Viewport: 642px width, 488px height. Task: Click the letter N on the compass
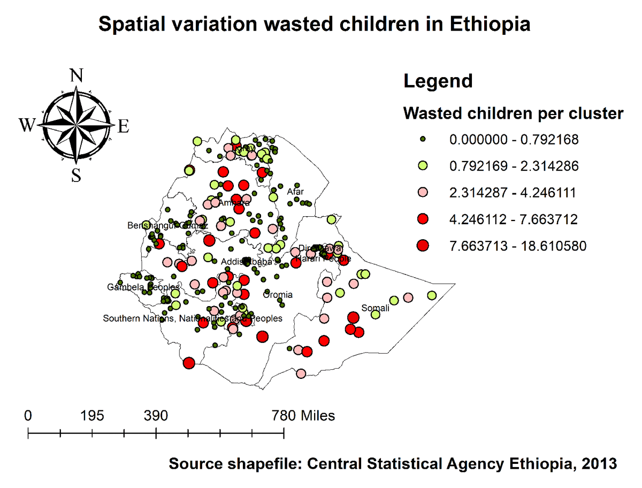pyautogui.click(x=77, y=75)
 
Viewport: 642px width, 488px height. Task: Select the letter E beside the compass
pyautogui.click(x=124, y=126)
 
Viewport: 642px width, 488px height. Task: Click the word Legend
pyautogui.click(x=438, y=81)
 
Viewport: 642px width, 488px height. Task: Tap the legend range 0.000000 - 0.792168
pyautogui.click(x=514, y=140)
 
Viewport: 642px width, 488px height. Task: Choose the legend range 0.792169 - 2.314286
pyautogui.click(x=514, y=166)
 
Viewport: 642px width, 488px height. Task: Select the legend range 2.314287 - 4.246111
pyautogui.click(x=514, y=193)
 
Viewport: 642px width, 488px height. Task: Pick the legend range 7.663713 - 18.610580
pyautogui.click(x=517, y=246)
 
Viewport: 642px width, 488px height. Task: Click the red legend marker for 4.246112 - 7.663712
pyautogui.click(x=423, y=219)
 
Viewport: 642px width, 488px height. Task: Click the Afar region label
pyautogui.click(x=295, y=192)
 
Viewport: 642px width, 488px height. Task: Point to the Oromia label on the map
pyautogui.click(x=278, y=295)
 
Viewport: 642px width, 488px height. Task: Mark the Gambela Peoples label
pyautogui.click(x=143, y=287)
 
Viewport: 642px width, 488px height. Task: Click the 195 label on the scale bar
pyautogui.click(x=92, y=416)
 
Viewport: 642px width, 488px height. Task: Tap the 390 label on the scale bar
pyautogui.click(x=156, y=416)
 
